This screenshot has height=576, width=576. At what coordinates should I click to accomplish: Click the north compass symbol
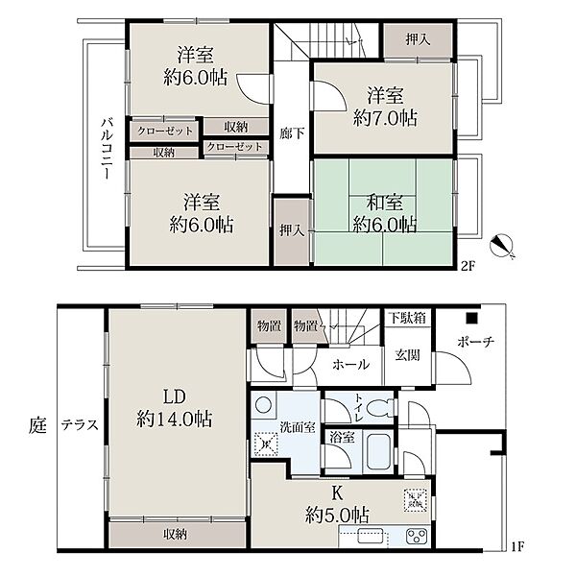(502, 246)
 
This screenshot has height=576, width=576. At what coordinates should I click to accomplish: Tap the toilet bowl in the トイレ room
(380, 409)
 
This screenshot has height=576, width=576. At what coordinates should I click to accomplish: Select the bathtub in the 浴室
(378, 452)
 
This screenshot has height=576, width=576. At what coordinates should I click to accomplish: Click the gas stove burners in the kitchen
(417, 536)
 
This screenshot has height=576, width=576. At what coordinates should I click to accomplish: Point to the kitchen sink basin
(371, 536)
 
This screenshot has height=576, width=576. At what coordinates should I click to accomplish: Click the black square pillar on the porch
(471, 318)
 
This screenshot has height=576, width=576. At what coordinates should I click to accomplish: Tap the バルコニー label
(107, 148)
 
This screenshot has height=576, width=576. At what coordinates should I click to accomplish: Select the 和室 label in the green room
(385, 203)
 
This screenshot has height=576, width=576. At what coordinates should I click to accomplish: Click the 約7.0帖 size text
(385, 118)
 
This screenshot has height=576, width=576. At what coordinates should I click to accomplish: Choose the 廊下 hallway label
(292, 133)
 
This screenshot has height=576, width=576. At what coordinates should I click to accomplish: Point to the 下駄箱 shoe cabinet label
(408, 318)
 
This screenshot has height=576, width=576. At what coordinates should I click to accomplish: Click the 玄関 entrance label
(407, 355)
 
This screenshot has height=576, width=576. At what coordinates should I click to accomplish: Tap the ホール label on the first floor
(350, 365)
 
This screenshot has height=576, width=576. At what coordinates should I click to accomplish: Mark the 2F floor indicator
(468, 266)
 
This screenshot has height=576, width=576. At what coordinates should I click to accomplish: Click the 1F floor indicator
(517, 547)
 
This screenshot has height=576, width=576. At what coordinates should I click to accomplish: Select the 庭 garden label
(37, 425)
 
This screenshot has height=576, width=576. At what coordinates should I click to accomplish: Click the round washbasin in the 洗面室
(263, 405)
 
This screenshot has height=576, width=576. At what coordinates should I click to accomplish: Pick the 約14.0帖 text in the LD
(175, 419)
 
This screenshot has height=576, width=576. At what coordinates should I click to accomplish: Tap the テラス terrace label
(80, 425)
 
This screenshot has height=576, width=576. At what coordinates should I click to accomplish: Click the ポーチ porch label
(476, 342)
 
